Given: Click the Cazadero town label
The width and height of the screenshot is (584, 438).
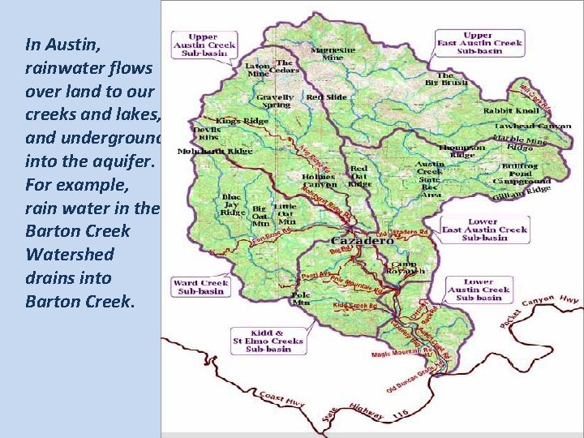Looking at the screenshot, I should click(x=362, y=242).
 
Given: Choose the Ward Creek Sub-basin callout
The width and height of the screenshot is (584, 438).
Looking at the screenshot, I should click(x=200, y=287).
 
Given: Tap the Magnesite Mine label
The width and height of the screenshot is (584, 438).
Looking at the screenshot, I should click(x=333, y=54).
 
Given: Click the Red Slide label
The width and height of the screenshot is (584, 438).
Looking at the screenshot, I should click(x=327, y=97).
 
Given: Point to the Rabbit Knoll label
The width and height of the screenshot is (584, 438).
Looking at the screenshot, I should click(x=510, y=109).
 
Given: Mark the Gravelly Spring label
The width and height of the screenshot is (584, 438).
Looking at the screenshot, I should click(x=275, y=101).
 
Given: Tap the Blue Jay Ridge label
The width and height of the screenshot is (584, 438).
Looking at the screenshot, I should click(x=231, y=205).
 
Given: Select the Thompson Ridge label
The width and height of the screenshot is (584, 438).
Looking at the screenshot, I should click(x=459, y=152).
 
